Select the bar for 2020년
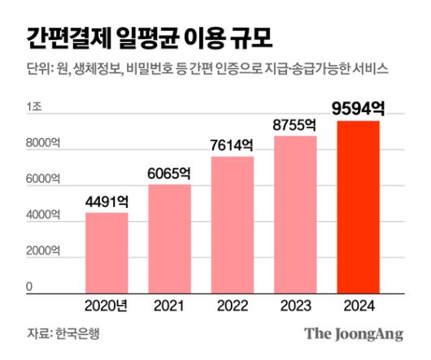(107, 252)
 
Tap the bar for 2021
(169, 238)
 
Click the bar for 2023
(295, 214)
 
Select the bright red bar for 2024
(358, 206)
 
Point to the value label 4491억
(107, 200)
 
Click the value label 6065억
(169, 172)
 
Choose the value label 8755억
(295, 124)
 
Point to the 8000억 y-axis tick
(42, 144)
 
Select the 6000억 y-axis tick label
(42, 180)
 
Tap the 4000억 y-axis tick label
(42, 215)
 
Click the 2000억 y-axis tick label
(42, 251)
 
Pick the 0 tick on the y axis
(28, 287)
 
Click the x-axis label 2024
(358, 306)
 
